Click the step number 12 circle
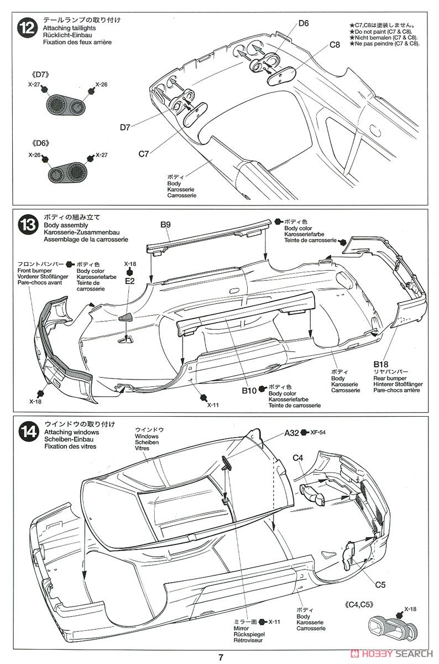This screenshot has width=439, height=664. click(26, 27)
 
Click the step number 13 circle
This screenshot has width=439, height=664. click(26, 225)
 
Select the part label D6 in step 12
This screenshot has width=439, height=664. click(303, 23)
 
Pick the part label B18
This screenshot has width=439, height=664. click(381, 364)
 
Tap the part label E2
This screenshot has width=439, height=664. click(130, 281)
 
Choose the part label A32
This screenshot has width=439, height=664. click(292, 433)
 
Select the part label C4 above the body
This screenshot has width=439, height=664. click(299, 458)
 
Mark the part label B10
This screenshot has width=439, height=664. click(249, 391)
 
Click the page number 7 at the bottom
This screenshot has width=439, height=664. click(220, 657)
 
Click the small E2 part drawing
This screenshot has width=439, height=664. click(126, 317)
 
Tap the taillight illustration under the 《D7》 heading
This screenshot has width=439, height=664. click(64, 104)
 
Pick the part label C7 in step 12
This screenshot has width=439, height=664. click(143, 154)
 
